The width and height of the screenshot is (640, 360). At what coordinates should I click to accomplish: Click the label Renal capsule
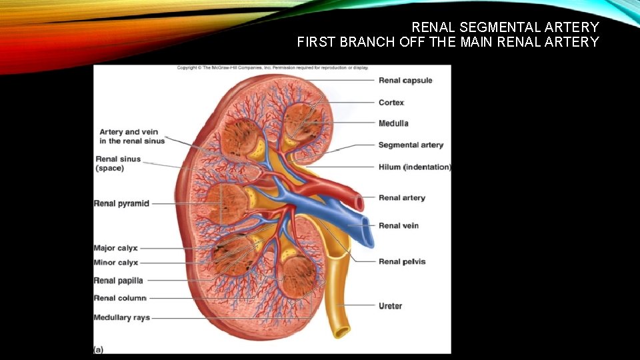405,81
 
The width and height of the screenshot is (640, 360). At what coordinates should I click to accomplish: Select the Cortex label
391,103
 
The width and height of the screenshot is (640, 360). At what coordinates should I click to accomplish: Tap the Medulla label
393,123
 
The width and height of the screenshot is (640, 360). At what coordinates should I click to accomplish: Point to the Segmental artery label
411,145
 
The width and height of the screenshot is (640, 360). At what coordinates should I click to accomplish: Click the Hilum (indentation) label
415,167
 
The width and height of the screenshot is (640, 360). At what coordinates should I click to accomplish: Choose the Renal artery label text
402,198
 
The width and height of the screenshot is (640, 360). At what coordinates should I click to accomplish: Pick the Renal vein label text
399,226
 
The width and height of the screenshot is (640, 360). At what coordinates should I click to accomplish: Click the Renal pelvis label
402,261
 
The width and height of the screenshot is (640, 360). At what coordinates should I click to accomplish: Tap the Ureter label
390,306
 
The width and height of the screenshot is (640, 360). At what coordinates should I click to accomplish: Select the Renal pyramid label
121,203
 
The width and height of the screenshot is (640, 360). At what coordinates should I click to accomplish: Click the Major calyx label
115,249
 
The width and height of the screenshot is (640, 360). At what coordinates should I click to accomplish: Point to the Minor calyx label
115,263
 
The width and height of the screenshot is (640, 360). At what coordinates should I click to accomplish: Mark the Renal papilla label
118,281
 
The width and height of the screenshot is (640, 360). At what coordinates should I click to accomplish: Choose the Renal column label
120,298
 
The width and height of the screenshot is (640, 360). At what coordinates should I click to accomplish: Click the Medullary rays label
121,318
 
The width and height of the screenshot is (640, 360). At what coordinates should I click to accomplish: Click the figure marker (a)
99,349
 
